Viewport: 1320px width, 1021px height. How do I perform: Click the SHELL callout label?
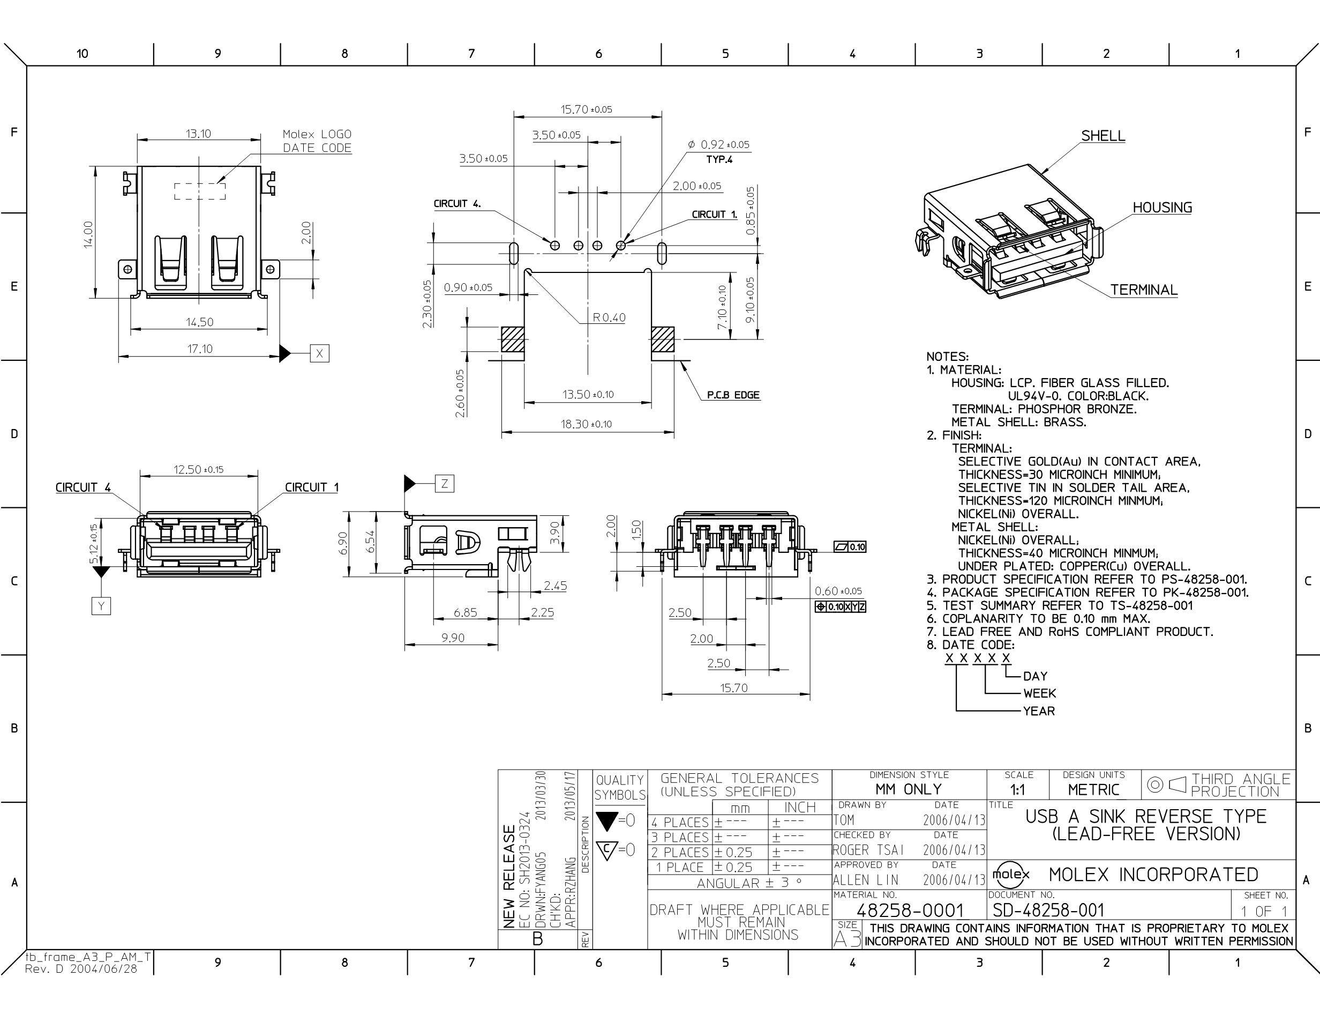point(1103,136)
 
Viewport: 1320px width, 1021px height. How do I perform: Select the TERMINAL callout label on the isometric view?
point(1144,290)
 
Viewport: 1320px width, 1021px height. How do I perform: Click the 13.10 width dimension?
point(198,134)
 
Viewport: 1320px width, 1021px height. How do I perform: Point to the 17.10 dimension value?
point(199,349)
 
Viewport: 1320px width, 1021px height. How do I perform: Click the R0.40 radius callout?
point(609,317)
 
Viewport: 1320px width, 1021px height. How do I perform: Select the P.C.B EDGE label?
point(733,395)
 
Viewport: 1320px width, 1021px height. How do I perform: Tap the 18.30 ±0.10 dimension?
point(586,424)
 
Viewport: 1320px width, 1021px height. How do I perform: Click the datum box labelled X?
point(320,353)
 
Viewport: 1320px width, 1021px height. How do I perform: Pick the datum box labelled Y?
point(101,605)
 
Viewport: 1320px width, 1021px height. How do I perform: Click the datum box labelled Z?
point(444,483)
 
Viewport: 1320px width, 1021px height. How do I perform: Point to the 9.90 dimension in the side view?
point(453,638)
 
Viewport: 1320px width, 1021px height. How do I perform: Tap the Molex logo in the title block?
point(1011,874)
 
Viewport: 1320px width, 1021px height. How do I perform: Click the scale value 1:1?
point(1018,789)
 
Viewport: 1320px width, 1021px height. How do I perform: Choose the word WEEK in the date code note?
point(1040,693)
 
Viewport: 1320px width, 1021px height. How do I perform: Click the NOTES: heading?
point(948,357)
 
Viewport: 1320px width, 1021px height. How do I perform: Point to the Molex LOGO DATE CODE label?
point(317,141)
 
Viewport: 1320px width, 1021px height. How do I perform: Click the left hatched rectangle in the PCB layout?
point(512,340)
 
